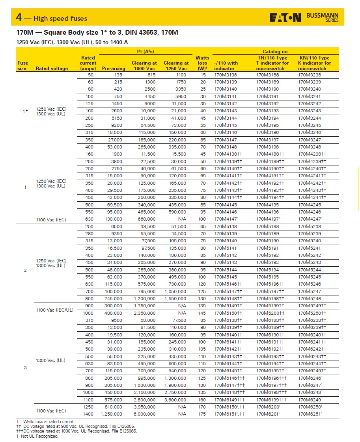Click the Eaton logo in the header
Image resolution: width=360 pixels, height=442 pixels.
285,17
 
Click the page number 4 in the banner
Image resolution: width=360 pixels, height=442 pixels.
19,18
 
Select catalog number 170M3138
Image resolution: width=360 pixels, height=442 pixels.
226,75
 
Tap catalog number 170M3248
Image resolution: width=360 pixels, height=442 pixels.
310,147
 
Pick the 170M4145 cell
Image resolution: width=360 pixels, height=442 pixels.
226,205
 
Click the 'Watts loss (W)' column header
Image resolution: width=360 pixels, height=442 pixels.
202,63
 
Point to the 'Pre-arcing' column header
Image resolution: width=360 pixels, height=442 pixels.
114,69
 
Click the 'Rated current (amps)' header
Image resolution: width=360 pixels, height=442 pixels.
88,63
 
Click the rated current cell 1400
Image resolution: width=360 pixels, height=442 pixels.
89,414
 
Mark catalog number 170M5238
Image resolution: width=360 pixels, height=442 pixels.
310,227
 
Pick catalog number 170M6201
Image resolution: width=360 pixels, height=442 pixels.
268,414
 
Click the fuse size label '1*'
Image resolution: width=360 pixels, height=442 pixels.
25,111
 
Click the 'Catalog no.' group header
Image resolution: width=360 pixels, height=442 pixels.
276,52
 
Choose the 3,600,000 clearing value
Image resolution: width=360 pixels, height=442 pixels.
176,399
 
